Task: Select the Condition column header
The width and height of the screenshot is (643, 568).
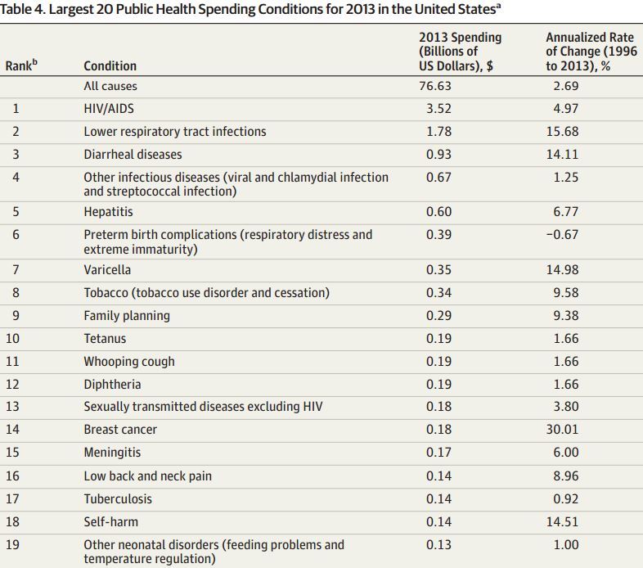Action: (x=110, y=65)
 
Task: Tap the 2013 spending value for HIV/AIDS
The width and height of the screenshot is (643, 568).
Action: (x=438, y=108)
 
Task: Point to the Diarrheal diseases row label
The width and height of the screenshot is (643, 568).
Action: (x=133, y=154)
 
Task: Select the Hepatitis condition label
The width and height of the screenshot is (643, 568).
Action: (x=110, y=211)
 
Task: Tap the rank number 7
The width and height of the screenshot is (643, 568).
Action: (x=16, y=269)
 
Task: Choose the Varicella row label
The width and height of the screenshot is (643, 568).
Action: (x=107, y=269)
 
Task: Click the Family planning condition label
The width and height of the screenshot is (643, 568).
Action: (x=127, y=315)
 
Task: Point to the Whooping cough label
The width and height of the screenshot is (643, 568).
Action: (x=129, y=361)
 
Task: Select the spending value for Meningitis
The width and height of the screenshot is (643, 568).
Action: (x=438, y=453)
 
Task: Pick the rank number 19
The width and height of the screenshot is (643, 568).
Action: (x=19, y=544)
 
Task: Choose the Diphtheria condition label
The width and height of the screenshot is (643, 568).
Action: (x=112, y=384)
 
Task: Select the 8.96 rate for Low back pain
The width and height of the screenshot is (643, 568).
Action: (x=564, y=476)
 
